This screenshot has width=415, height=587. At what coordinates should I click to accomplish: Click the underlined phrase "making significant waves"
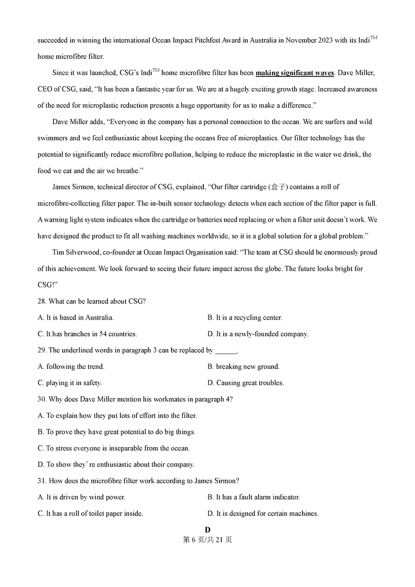[x=295, y=73]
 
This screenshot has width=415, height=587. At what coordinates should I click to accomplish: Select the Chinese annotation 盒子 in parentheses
[x=280, y=187]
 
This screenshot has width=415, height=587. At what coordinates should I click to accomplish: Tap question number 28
[x=42, y=302]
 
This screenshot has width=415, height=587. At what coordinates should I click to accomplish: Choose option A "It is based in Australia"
[x=76, y=318]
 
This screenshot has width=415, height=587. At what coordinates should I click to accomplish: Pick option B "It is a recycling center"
[x=245, y=318]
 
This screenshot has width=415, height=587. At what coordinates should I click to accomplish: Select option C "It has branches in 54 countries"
[x=87, y=334]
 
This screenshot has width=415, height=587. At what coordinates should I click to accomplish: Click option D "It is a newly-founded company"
[x=258, y=334]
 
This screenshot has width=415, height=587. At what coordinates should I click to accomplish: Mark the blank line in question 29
[x=226, y=350]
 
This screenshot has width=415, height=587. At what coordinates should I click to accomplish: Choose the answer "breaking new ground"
[x=243, y=367]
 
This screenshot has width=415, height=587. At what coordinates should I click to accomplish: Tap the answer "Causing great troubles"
[x=246, y=383]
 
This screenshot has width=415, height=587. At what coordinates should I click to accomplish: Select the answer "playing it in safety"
[x=70, y=383]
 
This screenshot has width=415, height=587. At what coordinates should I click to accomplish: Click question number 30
[x=42, y=399]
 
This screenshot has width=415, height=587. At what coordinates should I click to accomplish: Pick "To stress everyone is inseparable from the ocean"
[x=113, y=448]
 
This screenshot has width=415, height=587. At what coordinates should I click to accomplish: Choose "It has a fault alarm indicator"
[x=254, y=497]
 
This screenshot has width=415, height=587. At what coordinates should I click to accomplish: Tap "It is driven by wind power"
[x=81, y=497]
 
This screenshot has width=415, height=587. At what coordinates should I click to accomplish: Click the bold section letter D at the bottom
[x=207, y=530]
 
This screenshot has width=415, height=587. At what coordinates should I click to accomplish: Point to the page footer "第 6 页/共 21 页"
[x=207, y=540]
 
